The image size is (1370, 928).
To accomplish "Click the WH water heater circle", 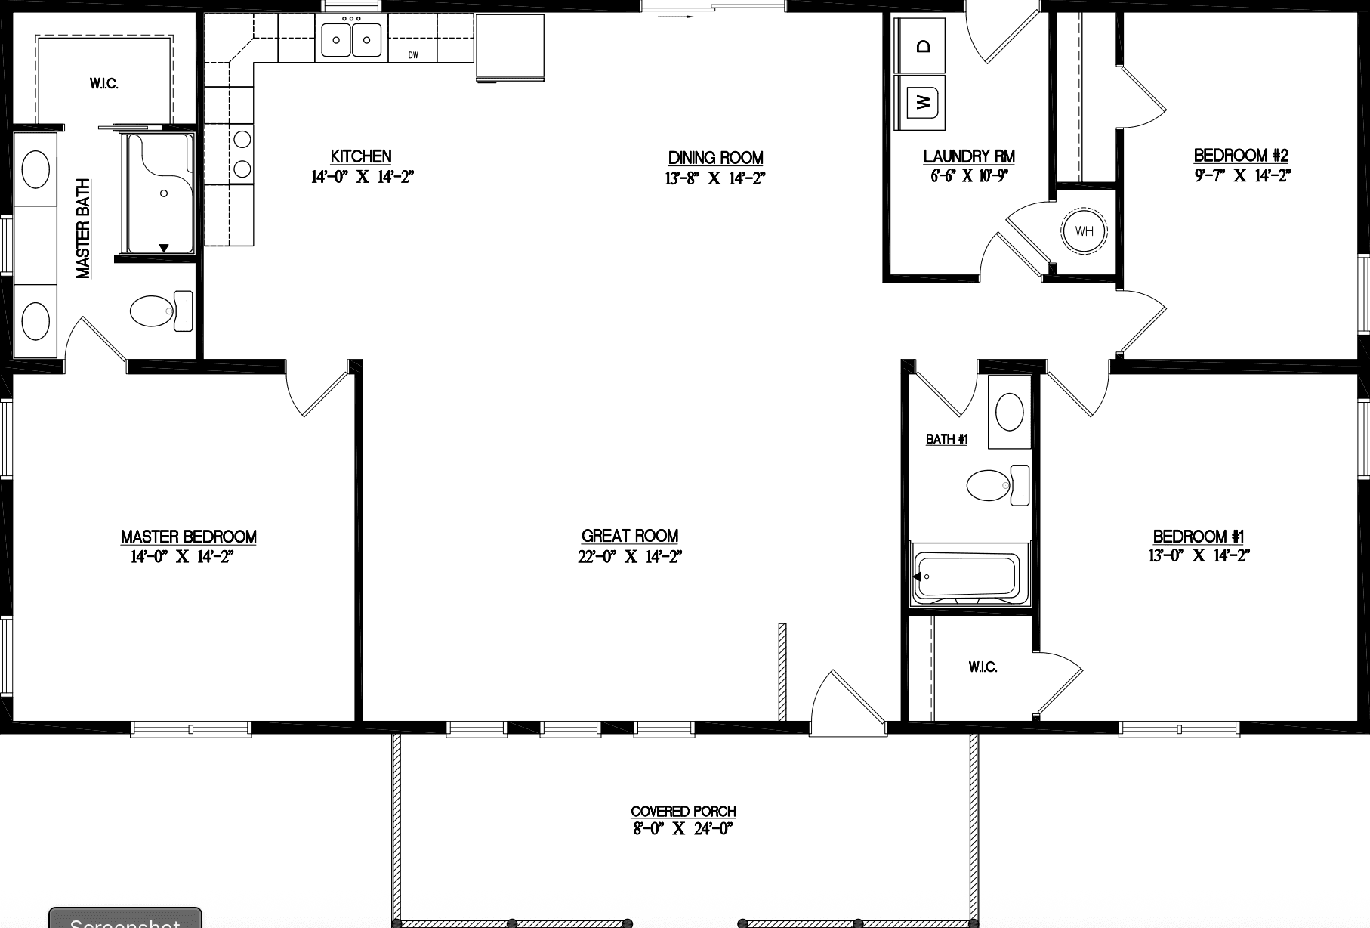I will tap(1084, 231).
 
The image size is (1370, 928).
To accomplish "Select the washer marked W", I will tap(921, 101).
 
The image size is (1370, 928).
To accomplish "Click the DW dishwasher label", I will tap(413, 54).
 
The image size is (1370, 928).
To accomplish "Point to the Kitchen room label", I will tap(361, 156).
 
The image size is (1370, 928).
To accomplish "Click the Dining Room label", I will tap(715, 158).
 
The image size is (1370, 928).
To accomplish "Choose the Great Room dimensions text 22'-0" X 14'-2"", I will tap(630, 557).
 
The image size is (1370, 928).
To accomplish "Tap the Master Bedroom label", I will tap(189, 537).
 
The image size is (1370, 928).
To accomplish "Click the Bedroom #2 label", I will tap(1241, 156).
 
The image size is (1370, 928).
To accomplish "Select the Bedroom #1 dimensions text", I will tap(1199, 555).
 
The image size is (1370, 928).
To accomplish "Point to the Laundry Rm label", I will tap(969, 156).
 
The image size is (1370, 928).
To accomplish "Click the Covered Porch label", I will tap(683, 812).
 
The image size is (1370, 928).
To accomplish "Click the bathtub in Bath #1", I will tap(966, 577).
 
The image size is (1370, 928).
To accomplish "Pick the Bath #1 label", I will tap(946, 439).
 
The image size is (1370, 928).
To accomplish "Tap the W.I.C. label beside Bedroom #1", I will tap(983, 667).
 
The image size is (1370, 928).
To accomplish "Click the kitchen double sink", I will tap(351, 40).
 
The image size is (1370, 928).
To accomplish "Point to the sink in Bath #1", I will tap(1010, 412).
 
